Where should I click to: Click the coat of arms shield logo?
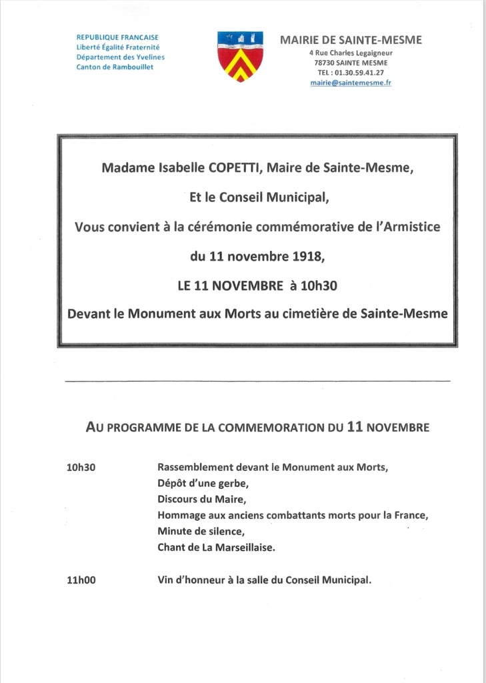click(x=240, y=56)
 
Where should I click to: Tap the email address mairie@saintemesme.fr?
click(x=351, y=83)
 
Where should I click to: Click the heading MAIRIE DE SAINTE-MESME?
click(x=351, y=40)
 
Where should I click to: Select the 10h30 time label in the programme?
click(x=81, y=468)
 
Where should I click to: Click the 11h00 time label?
click(x=81, y=580)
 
